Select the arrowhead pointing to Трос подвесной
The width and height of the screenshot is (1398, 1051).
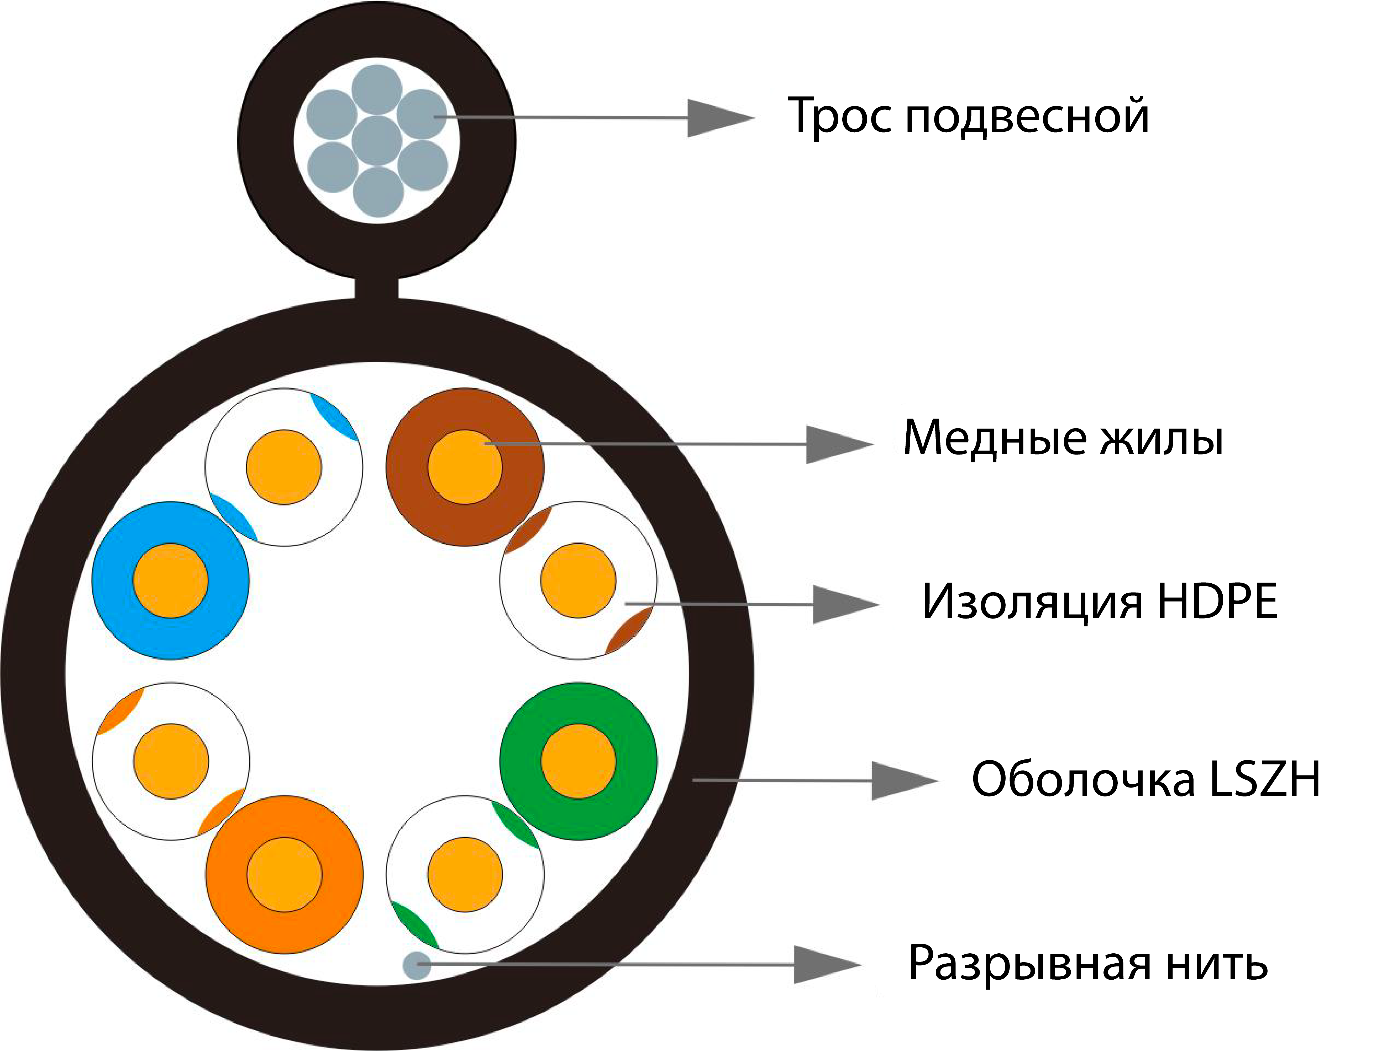pos(717,118)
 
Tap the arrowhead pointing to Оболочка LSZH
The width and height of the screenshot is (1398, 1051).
pos(901,780)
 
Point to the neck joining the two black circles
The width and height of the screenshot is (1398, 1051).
pos(377,288)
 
